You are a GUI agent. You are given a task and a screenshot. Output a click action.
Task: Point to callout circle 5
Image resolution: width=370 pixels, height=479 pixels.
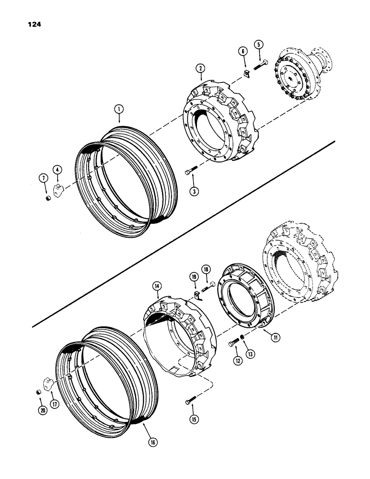click(259, 45)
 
